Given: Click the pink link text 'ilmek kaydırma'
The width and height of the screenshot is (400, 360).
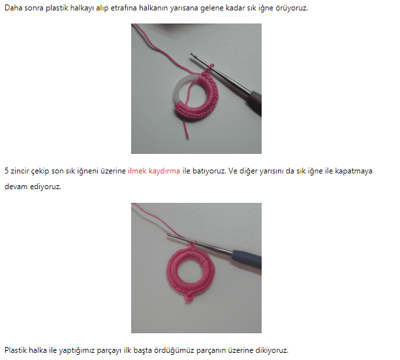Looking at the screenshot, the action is point(154,171).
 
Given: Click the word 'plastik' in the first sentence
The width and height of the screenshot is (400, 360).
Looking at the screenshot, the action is point(57,8).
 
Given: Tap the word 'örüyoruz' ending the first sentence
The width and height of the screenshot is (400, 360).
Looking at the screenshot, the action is point(291,8).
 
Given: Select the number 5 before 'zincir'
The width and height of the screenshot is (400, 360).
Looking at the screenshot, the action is point(7,171).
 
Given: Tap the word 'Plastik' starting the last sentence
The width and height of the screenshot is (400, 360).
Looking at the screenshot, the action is point(15,350).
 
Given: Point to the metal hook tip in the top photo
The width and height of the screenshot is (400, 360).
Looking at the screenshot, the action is point(192,54).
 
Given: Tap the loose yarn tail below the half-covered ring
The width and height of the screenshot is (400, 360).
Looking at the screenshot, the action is point(186,127).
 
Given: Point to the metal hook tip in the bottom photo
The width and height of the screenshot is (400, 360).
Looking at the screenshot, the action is point(168,235).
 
